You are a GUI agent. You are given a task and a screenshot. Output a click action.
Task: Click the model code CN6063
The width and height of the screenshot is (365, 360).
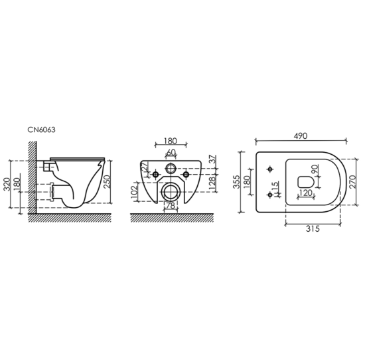pos(41,130)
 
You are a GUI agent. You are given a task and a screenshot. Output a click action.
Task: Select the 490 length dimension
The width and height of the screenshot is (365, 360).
pos(301,136)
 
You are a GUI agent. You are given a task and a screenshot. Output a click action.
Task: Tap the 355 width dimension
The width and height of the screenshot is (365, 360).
pos(236,182)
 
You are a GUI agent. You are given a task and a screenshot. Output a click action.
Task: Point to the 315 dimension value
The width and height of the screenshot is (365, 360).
pos(313,228)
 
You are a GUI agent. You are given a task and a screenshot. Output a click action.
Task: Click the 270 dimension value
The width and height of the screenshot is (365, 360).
pos(352,182)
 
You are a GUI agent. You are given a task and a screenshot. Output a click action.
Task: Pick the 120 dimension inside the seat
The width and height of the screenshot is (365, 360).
pos(306,193)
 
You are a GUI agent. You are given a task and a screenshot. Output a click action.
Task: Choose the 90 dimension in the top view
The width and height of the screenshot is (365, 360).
pos(315,169)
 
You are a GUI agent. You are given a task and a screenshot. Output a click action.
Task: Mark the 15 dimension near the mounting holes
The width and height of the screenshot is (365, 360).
pos(275,186)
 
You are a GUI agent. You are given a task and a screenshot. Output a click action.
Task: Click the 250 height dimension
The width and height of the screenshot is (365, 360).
pos(106,182)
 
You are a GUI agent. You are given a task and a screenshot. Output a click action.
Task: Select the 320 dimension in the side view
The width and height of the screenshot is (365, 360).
pos(7,184)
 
